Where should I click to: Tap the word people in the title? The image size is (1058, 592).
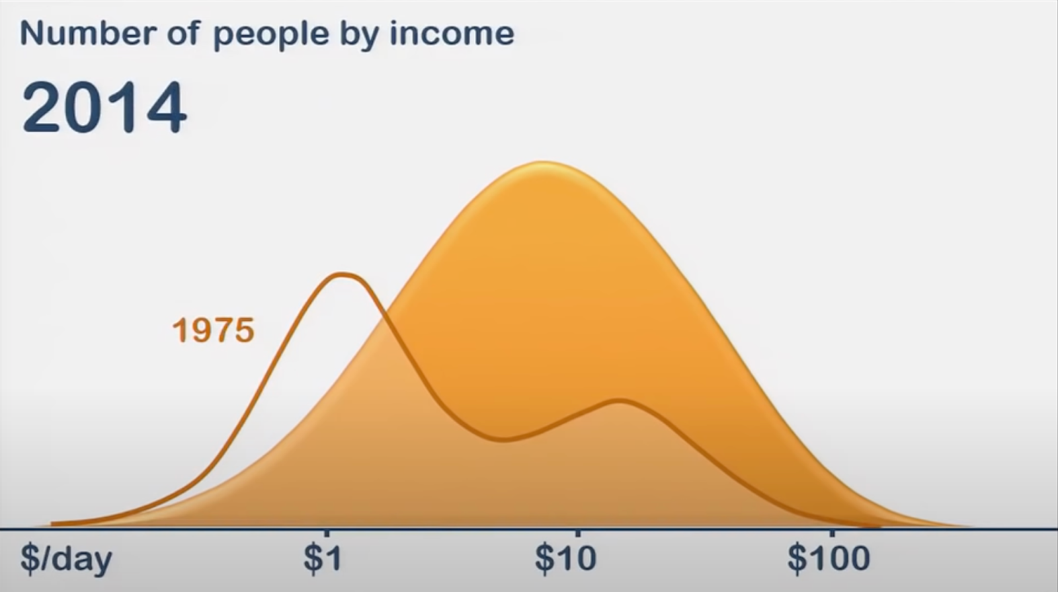click(x=270, y=36)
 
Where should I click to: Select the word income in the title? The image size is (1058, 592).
click(x=452, y=33)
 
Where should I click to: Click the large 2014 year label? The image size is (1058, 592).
click(x=104, y=107)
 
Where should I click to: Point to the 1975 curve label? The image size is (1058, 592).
click(x=214, y=330)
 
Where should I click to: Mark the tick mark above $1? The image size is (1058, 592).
click(x=327, y=534)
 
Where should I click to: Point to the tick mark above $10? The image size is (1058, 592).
click(x=578, y=534)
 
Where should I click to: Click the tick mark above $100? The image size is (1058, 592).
click(x=831, y=534)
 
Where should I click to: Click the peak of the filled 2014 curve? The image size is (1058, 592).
click(x=543, y=163)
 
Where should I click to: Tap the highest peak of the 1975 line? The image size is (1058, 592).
click(x=343, y=274)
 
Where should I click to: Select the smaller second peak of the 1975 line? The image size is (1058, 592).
click(x=618, y=401)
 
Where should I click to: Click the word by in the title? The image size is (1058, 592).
click(x=360, y=36)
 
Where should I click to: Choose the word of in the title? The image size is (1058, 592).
click(x=183, y=33)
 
